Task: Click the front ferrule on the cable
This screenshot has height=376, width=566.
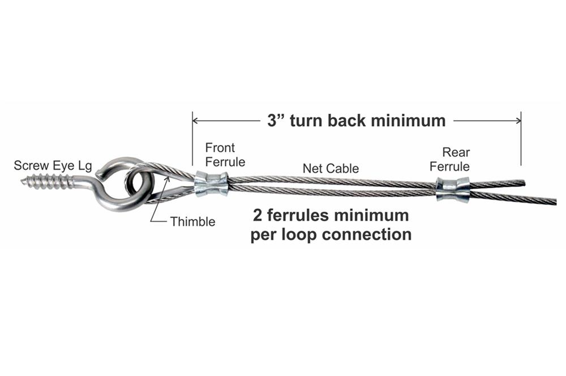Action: pos(211,185)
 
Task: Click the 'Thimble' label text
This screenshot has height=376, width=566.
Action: pos(192,221)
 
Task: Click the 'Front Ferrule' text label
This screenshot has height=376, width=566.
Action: pos(225,155)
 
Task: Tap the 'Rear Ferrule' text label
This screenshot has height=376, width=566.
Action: pos(449,159)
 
